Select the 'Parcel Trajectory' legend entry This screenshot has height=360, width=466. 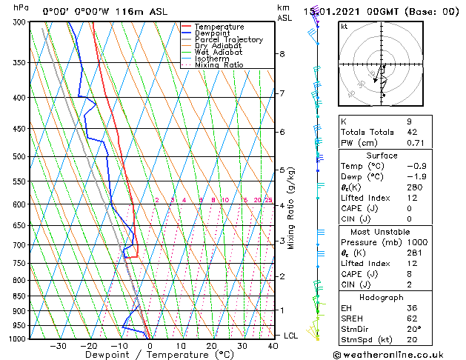point(228,40)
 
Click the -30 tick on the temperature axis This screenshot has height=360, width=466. point(58,345)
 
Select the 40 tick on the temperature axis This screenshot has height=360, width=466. point(273,345)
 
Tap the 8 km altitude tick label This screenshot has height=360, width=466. point(282,54)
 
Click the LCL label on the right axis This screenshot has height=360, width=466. point(291,336)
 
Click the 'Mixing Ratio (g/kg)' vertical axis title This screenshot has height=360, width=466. point(292,208)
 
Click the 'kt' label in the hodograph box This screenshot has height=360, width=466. point(344,26)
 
